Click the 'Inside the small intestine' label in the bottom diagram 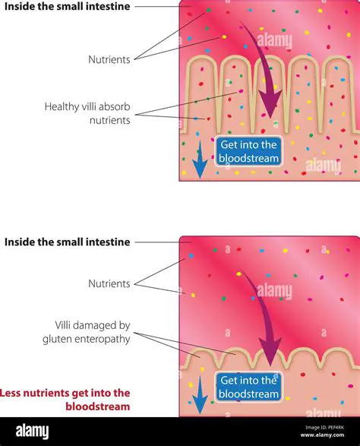[x=67, y=242]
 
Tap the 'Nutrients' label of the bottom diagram [x=109, y=283]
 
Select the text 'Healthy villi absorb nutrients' [x=87, y=113]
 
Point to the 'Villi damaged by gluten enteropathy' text [x=87, y=331]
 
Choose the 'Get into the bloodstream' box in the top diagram [x=248, y=151]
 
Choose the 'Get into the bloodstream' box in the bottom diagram [x=249, y=387]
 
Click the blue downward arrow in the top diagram [x=200, y=162]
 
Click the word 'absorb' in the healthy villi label [x=113, y=106]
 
